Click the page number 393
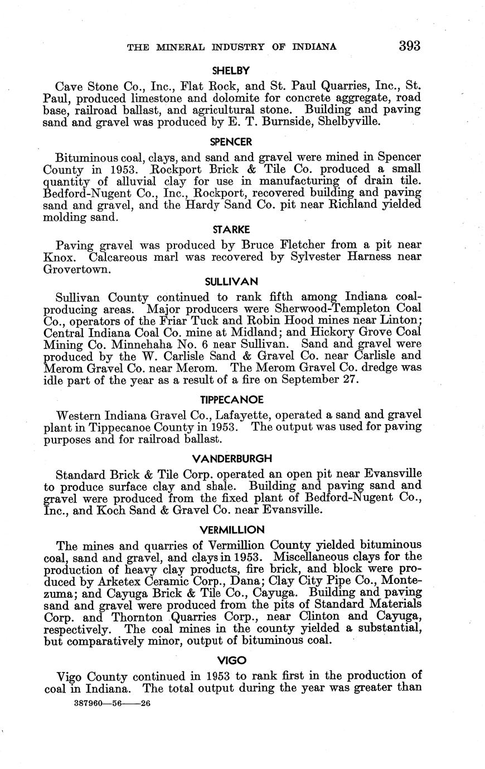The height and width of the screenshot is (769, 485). pyautogui.click(x=409, y=46)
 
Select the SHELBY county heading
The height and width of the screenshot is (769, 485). pyautogui.click(x=231, y=71)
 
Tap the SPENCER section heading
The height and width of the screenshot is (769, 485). pyautogui.click(x=231, y=142)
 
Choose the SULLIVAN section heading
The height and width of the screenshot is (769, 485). pyautogui.click(x=231, y=282)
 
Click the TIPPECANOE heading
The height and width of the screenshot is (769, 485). pyautogui.click(x=231, y=400)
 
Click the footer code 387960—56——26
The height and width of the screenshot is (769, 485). pyautogui.click(x=112, y=704)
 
